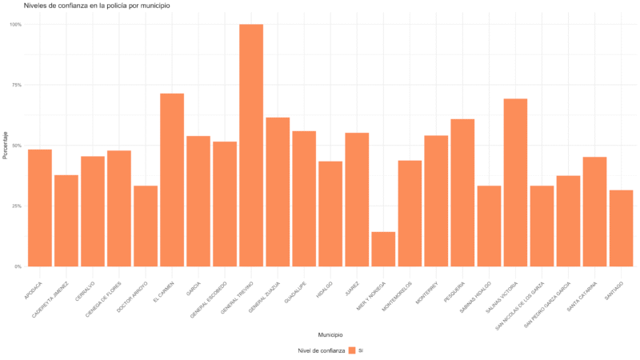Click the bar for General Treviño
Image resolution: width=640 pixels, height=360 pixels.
pos(251,145)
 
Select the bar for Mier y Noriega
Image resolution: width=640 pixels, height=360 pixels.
pos(383,249)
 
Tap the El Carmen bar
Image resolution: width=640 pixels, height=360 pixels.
pos(172,180)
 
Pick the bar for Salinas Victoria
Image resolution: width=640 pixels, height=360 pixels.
pos(515,182)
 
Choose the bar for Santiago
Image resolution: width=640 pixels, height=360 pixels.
pos(621,228)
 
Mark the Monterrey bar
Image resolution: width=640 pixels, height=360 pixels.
pos(436,201)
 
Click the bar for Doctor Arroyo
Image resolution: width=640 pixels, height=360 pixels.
pos(146,226)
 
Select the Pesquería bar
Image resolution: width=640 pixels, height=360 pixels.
pos(462,193)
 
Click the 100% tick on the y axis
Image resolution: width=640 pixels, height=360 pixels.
pos(15,25)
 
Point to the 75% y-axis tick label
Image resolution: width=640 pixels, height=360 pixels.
pos(16,85)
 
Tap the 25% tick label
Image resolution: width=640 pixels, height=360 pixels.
pos(16,206)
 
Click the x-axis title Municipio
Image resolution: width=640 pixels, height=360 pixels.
pos(330,335)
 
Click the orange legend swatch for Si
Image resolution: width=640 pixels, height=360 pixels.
pos(352,350)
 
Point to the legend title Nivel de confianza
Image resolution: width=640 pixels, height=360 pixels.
pos(321,350)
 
